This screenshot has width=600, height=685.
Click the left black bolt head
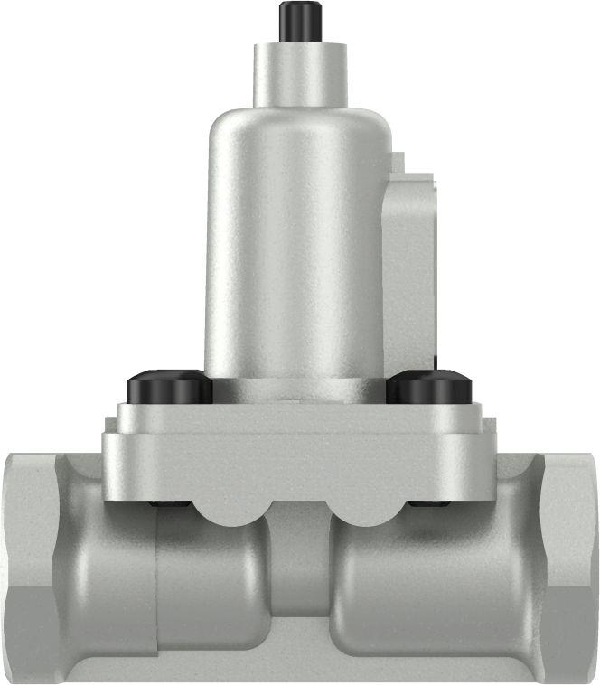pyautogui.click(x=170, y=389)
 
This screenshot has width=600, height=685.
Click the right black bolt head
pyautogui.click(x=429, y=389)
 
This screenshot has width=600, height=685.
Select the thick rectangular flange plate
pyautogui.click(x=298, y=452)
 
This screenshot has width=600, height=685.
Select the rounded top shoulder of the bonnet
pyautogui.click(x=298, y=122)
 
